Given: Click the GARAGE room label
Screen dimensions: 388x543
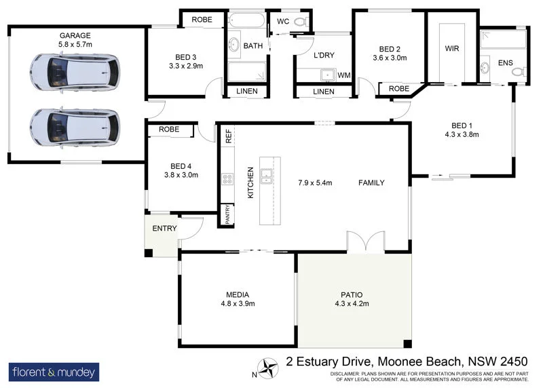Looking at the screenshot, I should click(75, 35).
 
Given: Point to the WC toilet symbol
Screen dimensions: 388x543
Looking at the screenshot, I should click(301, 22).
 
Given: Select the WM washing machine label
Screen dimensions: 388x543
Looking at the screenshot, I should click(343, 75).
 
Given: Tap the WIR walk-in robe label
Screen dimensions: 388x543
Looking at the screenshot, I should click(452, 49).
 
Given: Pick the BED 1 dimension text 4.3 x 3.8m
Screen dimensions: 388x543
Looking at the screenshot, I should click(461, 134).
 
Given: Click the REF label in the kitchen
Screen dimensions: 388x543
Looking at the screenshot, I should click(228, 135).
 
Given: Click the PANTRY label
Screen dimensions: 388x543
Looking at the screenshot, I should click(227, 214).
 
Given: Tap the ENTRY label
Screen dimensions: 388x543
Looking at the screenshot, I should click(164, 229).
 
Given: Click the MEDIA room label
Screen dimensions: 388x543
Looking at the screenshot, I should click(237, 294).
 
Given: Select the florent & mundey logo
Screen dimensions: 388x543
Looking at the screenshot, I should click(54, 372).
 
